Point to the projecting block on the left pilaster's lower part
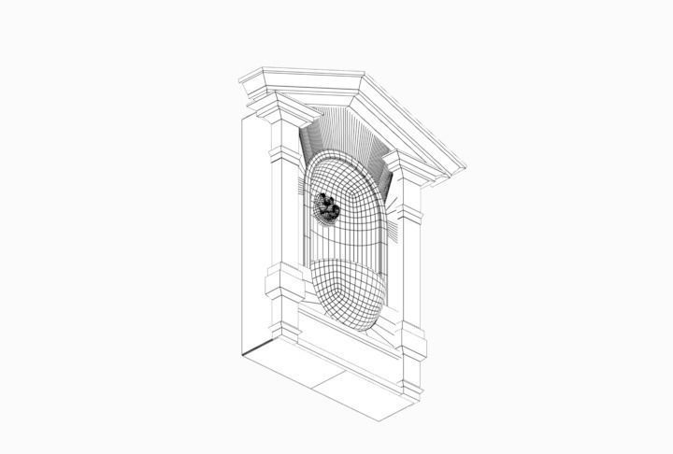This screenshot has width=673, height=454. tap(284, 281)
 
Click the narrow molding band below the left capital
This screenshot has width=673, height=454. tap(284, 149)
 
